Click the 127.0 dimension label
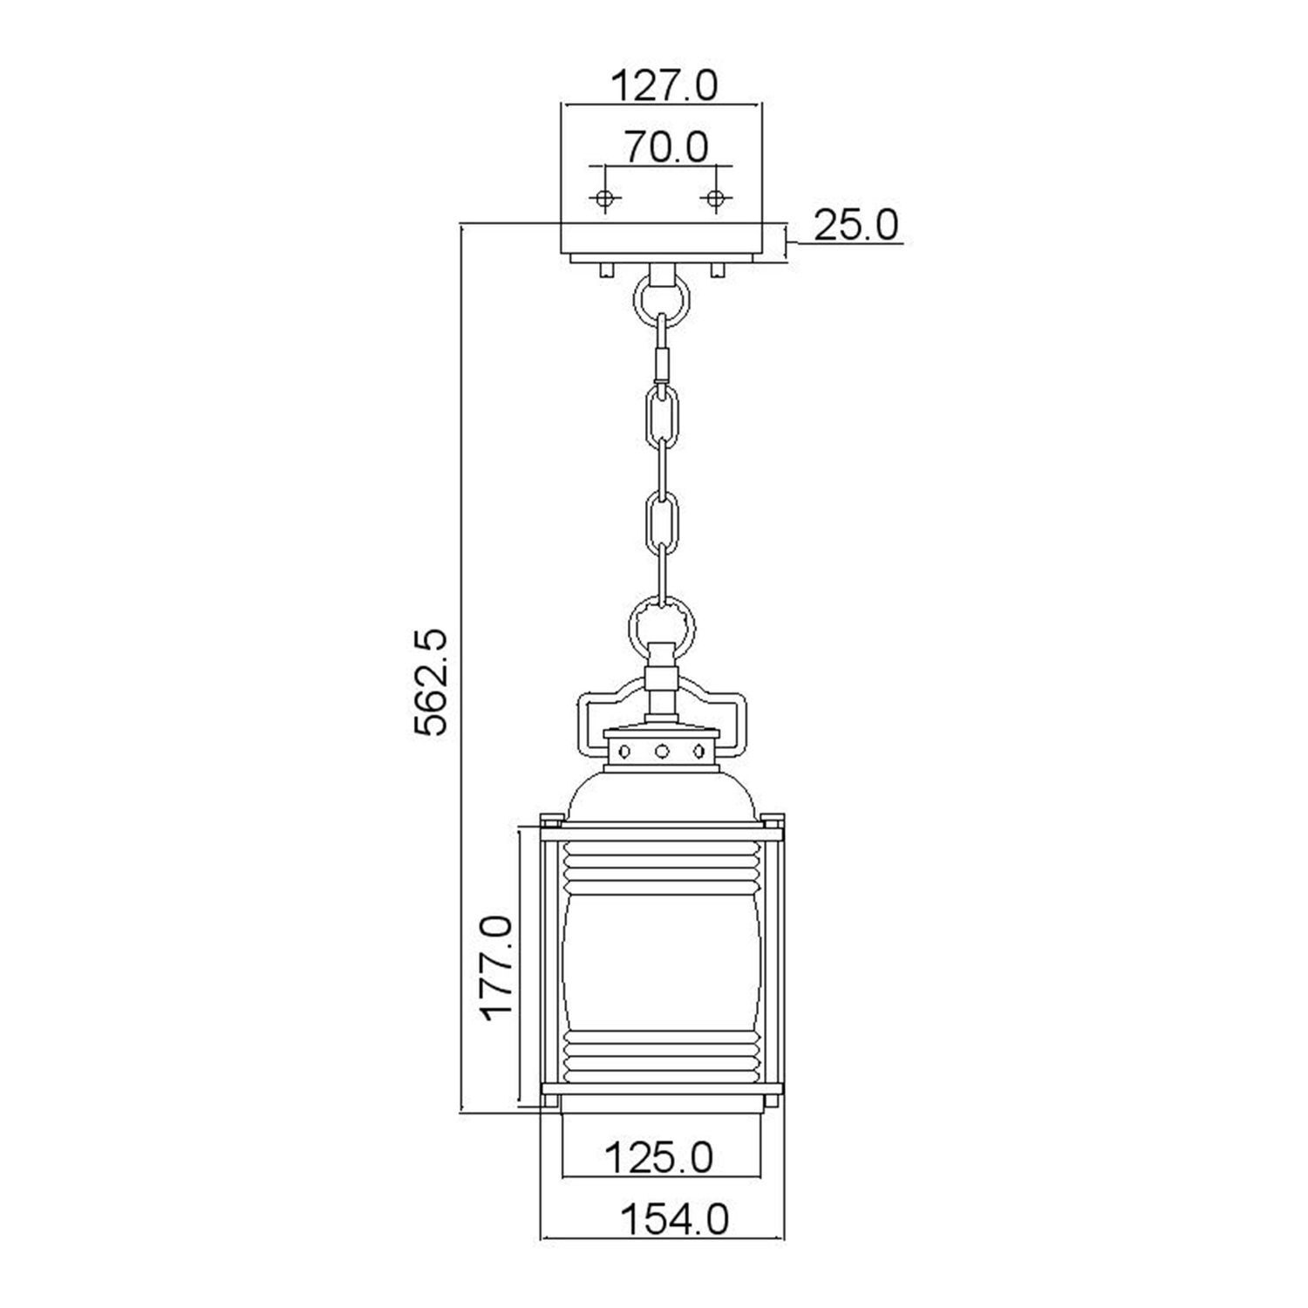664,86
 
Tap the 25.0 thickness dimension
855,226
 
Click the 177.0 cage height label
497,967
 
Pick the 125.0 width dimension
659,1158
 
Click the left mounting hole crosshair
603,199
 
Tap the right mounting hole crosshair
715,199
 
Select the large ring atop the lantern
663,628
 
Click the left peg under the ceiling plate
605,269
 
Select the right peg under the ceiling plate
717,269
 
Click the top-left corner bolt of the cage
550,821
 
